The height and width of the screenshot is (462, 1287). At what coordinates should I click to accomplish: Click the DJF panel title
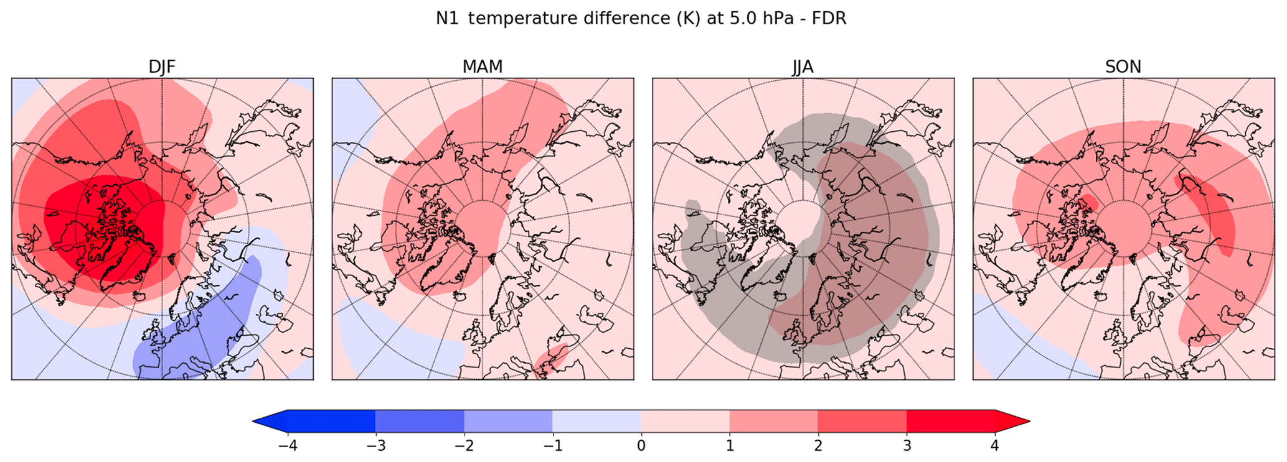coord(162,67)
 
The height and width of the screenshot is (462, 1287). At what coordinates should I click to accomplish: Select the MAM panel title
coord(483,67)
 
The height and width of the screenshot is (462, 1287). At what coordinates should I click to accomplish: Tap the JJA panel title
coord(803,67)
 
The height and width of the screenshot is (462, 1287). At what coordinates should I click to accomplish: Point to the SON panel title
coord(1123,67)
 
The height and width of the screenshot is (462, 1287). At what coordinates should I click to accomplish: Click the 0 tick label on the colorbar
coord(641,446)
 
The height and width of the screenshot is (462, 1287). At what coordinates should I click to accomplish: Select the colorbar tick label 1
coord(730,446)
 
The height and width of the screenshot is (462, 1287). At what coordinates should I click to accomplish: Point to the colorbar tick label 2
coord(818,446)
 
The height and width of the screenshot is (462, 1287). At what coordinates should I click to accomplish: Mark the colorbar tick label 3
coord(907,446)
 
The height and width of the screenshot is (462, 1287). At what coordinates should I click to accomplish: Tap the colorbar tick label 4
coord(995,446)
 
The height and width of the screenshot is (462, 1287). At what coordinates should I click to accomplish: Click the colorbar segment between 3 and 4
coord(951,421)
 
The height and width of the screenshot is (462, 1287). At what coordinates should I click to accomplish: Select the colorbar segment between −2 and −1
coord(508,421)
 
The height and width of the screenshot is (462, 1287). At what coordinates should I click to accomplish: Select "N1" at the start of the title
coord(448,19)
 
